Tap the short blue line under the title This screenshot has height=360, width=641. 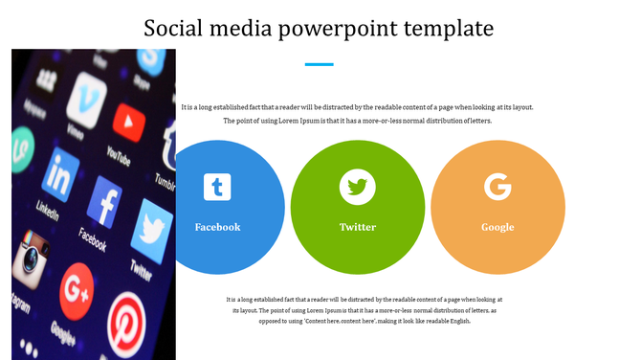pyautogui.click(x=320, y=64)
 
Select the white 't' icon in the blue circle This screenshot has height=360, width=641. pyautogui.click(x=217, y=187)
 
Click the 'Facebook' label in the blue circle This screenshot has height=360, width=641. pyautogui.click(x=217, y=227)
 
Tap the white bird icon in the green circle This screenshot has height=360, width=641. pyautogui.click(x=358, y=186)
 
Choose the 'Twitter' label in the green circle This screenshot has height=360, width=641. pyautogui.click(x=358, y=227)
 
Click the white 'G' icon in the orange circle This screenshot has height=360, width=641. pyautogui.click(x=497, y=186)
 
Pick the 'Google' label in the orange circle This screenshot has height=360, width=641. pyautogui.click(x=497, y=227)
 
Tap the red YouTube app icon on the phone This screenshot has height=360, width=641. pyautogui.click(x=128, y=122)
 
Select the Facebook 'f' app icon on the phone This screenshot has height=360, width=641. pyautogui.click(x=104, y=201)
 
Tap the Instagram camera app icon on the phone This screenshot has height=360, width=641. pyautogui.click(x=32, y=258)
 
